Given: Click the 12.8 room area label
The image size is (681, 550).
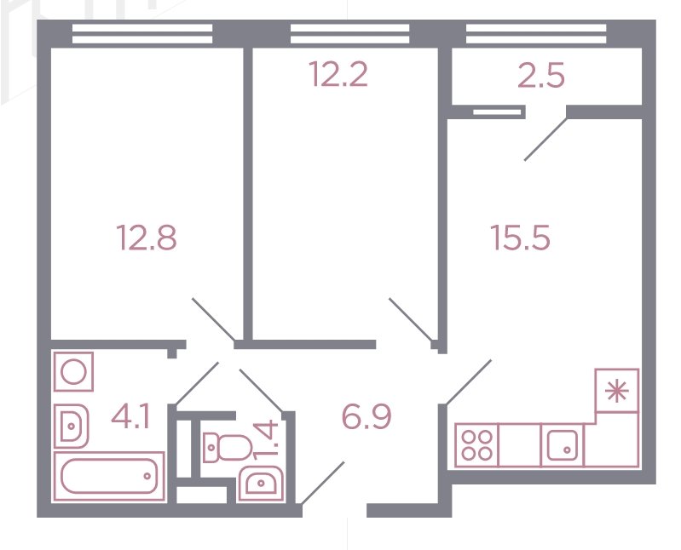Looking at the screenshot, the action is pos(147,238).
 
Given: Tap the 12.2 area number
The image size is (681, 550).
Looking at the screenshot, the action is pos(339,74).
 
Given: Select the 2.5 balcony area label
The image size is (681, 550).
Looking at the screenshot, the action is pos(541,76).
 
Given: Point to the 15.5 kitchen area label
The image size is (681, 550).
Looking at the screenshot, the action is pos(520,238).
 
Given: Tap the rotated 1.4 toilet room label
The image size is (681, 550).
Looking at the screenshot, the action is pos(267,439).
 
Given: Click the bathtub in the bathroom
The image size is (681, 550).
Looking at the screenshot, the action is pos(108,476).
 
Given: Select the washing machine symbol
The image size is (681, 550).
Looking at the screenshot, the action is pos(73,372).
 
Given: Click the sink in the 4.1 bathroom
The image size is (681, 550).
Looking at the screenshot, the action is pos(72,426).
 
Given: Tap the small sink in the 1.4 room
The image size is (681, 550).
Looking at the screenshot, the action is pos(261,483).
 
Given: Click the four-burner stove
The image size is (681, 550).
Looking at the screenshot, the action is pos(476,445).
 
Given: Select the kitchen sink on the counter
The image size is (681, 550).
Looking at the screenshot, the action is pos(563,445).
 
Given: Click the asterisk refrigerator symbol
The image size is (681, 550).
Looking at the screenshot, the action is pos(617,391).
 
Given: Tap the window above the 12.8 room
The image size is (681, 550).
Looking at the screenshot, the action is pos(142,34).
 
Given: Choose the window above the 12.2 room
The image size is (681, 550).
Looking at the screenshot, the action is pos(349,34).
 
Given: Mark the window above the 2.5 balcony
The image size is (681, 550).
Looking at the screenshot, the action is pos(536,34).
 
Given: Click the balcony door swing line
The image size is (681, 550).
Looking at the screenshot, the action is pos(546,139).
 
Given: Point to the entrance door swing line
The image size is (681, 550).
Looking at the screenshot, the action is pos(323,484).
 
